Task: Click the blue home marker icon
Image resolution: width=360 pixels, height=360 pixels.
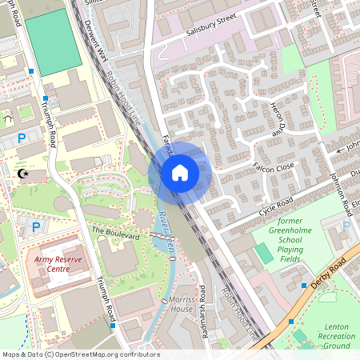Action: click(180, 172)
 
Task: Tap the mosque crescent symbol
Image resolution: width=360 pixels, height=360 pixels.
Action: click(23, 173)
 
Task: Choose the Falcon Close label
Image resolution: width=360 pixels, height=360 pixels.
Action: click(274, 166)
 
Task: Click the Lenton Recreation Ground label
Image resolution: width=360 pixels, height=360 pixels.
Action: click(338, 336)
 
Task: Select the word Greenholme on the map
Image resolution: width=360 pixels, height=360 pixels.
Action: click(284, 239)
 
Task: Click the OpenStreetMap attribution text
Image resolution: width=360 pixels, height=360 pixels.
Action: click(80, 354)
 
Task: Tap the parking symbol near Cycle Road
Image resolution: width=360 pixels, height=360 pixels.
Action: click(346, 226)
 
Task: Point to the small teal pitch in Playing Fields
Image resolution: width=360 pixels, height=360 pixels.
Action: click(263, 254)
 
